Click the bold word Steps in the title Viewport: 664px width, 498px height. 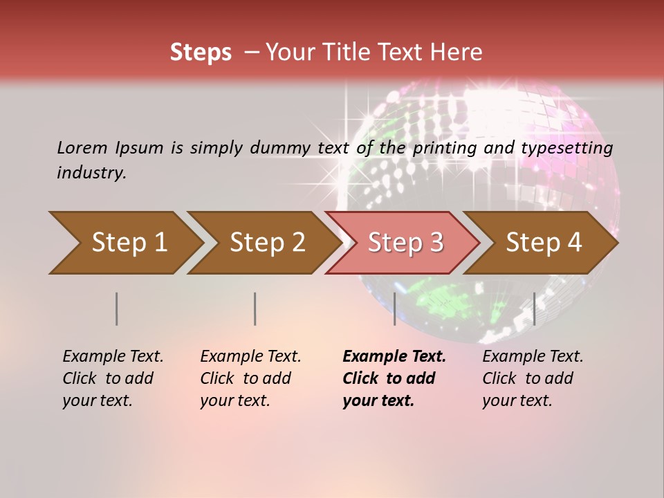(x=201, y=53)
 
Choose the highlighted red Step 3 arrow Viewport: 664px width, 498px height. (x=404, y=243)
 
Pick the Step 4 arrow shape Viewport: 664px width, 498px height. (x=542, y=243)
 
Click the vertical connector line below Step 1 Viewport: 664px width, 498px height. (x=117, y=308)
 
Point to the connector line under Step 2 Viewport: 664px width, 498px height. (x=255, y=308)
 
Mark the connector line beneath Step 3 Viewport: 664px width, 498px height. (x=394, y=308)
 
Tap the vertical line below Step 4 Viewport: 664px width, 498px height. (x=534, y=308)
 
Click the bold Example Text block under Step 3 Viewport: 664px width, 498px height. (x=394, y=378)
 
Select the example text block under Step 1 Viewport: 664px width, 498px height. (x=113, y=378)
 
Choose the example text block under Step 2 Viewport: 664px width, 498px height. (x=250, y=378)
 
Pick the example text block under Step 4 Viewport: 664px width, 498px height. (x=533, y=378)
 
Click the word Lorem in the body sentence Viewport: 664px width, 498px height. (x=82, y=148)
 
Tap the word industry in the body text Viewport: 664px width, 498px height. (x=91, y=173)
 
